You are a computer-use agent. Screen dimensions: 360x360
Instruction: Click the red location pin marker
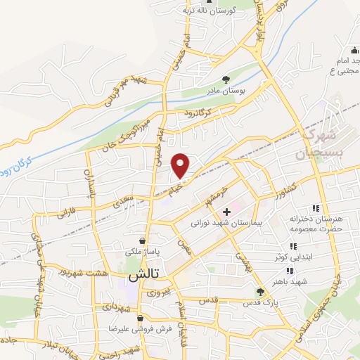(181, 165)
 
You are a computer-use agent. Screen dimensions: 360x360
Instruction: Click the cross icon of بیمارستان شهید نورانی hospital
(226, 212)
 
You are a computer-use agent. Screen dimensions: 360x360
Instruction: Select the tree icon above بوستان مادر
(226, 80)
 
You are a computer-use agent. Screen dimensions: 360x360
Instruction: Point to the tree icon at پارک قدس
(260, 291)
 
